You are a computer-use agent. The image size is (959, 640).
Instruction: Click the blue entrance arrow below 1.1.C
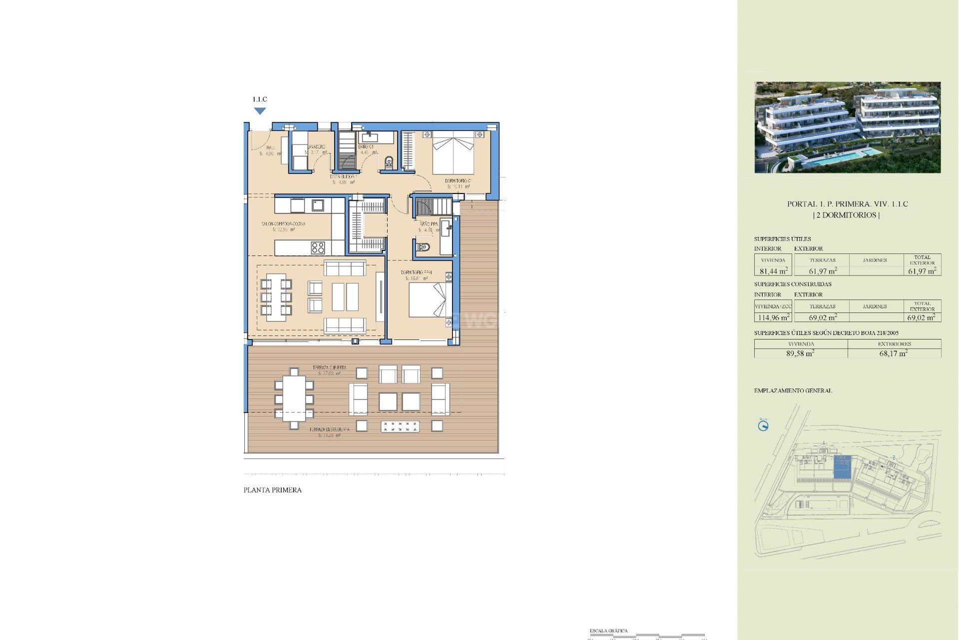point(260,111)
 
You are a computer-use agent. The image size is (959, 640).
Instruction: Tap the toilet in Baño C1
point(389,162)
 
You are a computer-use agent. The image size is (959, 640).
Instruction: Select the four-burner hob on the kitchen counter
point(318,247)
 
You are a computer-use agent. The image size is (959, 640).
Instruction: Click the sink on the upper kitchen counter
point(318,205)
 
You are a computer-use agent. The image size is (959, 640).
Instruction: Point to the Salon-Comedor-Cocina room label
point(283,224)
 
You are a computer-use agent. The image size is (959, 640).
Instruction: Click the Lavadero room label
point(316,147)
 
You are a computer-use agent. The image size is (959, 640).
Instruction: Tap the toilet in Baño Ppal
point(423,247)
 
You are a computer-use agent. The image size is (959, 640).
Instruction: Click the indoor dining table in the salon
point(276,297)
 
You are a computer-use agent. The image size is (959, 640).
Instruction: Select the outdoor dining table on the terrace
point(294,398)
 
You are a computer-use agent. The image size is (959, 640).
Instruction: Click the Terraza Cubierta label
point(329,368)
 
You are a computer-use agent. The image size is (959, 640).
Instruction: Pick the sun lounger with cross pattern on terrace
point(400,426)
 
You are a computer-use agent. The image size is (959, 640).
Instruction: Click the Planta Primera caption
point(272,490)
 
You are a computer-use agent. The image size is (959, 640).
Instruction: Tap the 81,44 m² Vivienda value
point(773,271)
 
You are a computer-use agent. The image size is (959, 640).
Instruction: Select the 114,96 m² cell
point(773,317)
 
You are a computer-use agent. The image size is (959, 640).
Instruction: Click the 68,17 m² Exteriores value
point(894,353)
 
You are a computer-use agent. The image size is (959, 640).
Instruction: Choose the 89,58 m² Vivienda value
point(800,353)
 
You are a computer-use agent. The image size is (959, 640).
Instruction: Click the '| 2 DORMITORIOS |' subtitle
point(847,215)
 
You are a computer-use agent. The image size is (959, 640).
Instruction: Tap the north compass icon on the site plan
point(763,425)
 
